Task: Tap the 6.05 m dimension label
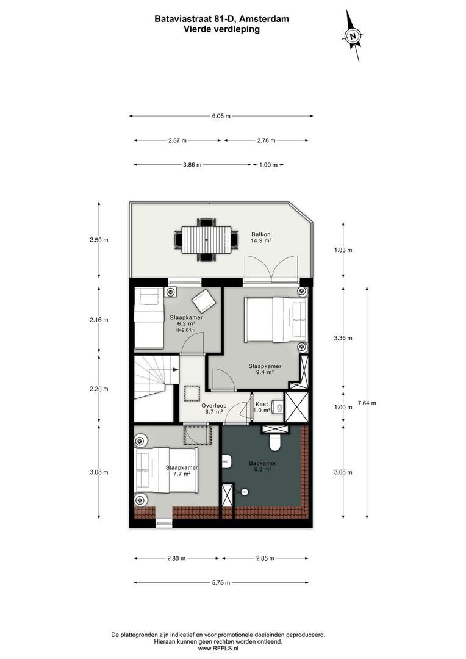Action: [x=221, y=116]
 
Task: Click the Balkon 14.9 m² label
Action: [x=261, y=237]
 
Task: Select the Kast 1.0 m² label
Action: [x=262, y=408]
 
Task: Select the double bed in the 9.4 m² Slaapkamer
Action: [x=273, y=320]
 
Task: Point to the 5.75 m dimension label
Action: [x=221, y=582]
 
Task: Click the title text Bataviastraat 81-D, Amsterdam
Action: [x=222, y=19]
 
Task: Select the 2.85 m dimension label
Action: [x=264, y=558]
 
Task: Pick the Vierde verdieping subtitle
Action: [x=222, y=29]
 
